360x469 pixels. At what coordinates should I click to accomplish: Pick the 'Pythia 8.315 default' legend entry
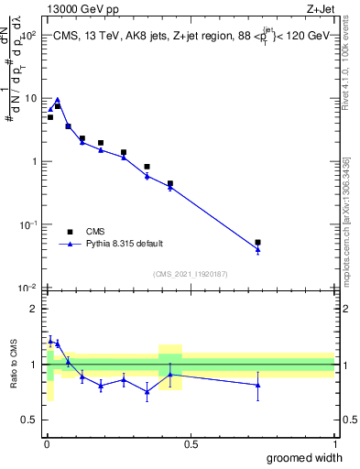125,244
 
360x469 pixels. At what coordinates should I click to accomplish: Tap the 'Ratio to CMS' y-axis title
14,365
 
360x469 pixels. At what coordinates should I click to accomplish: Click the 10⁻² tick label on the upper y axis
29,288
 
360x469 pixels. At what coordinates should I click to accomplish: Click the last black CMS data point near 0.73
257,243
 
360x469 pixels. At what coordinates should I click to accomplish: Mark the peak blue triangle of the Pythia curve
57,100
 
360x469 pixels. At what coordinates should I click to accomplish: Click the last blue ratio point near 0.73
257,385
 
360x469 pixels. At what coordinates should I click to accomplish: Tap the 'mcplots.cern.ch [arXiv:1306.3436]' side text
345,220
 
